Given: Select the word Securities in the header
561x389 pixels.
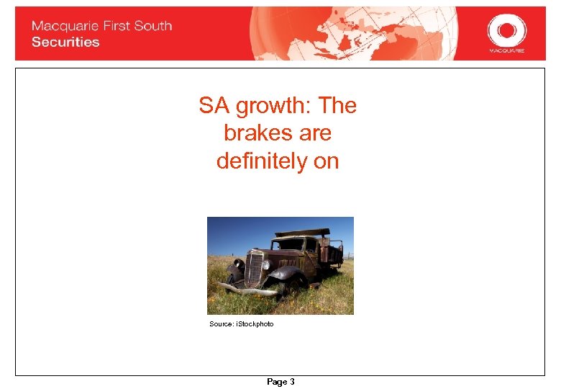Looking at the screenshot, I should (65, 42).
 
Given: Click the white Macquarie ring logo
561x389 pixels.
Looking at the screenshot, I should (506, 30).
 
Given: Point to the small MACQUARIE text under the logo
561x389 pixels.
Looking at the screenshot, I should (506, 51).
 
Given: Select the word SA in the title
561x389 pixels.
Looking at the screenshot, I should (211, 106).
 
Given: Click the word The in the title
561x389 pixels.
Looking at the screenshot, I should (337, 106).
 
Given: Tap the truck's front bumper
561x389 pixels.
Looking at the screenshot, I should (248, 290).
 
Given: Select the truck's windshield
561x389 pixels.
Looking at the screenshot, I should (291, 244).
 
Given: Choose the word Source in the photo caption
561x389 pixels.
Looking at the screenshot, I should (220, 324).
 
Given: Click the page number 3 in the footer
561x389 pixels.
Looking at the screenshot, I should (291, 382).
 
